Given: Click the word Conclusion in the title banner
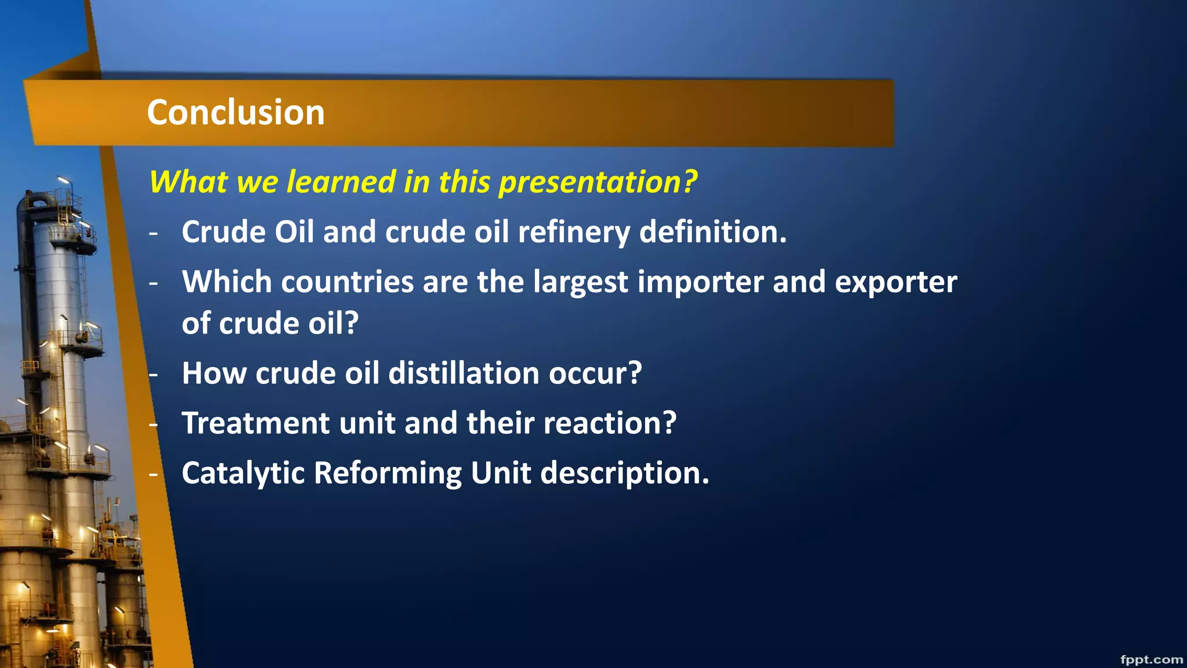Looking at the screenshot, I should pyautogui.click(x=235, y=112).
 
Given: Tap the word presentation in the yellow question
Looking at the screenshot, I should pyautogui.click(x=597, y=182).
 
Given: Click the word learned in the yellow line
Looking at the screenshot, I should pyautogui.click(x=341, y=181).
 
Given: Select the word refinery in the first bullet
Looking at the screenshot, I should pyautogui.click(x=573, y=233).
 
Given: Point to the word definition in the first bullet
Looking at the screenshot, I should pyautogui.click(x=712, y=232).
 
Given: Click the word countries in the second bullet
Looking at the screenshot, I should pyautogui.click(x=347, y=282).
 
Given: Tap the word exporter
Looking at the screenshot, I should pyautogui.click(x=895, y=282).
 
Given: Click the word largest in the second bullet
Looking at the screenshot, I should pyautogui.click(x=580, y=282).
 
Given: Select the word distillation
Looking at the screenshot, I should pyautogui.click(x=464, y=373).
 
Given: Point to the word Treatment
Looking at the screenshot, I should pyautogui.click(x=256, y=423).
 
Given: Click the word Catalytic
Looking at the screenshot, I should pyautogui.click(x=243, y=473).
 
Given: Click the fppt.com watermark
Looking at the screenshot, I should pyautogui.click(x=1151, y=659).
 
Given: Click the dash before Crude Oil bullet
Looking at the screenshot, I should pyautogui.click(x=154, y=233).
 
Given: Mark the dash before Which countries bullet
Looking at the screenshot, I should pyautogui.click(x=154, y=283).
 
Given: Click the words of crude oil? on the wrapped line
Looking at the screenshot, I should pyautogui.click(x=270, y=324).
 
